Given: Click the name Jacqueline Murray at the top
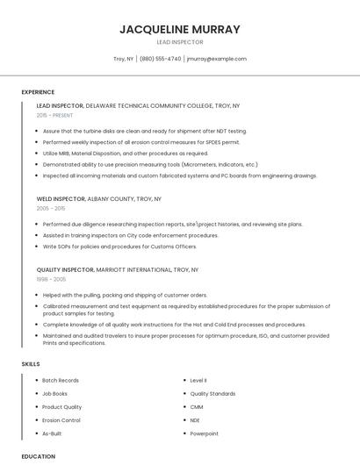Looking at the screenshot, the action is [x=179, y=29].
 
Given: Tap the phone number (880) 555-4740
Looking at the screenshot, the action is [x=160, y=59].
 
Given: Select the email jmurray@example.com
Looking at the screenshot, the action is [x=216, y=59].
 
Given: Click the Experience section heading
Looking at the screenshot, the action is [x=38, y=92].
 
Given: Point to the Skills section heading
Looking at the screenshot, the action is [x=31, y=363].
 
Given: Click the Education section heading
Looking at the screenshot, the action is [x=39, y=456].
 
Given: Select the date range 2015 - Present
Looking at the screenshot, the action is [x=54, y=115].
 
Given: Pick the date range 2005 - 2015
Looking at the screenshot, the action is [x=51, y=209].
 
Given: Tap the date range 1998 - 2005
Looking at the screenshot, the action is [x=51, y=279].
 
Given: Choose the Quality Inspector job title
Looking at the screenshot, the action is [x=64, y=269].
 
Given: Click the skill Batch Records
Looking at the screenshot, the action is [x=61, y=381].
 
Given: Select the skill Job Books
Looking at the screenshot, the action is [x=54, y=394].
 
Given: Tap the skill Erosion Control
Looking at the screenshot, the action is [x=61, y=420].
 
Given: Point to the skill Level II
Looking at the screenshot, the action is [x=198, y=381].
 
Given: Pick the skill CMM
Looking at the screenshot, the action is [x=197, y=407].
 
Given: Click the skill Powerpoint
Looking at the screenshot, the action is [x=204, y=433].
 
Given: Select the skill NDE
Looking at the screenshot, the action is [x=196, y=420].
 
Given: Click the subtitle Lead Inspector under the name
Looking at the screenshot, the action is [x=179, y=42].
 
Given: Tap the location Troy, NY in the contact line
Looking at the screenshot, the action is [x=124, y=59].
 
